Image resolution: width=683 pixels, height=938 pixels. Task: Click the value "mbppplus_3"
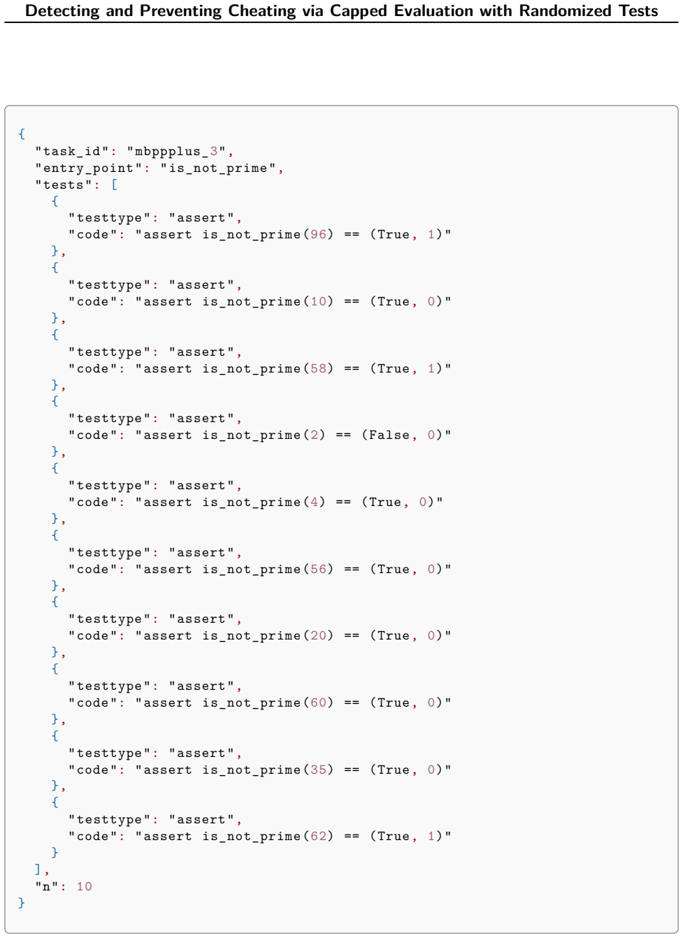tap(177, 151)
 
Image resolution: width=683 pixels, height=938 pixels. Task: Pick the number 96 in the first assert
tap(318, 234)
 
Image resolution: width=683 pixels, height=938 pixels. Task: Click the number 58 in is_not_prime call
tap(318, 368)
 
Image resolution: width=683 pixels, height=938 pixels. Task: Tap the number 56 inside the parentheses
tap(318, 569)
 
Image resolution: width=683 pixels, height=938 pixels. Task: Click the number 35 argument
tap(318, 770)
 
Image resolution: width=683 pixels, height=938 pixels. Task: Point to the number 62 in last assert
tap(318, 836)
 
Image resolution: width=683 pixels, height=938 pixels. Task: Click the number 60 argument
tap(318, 702)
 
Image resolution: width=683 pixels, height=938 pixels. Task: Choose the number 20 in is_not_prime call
tap(318, 635)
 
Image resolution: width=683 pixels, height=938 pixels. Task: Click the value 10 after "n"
tap(84, 886)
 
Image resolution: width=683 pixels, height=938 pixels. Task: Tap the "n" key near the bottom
tap(47, 886)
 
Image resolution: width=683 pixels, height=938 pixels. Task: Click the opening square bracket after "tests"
tap(115, 185)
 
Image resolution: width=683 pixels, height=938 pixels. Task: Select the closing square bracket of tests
tap(38, 870)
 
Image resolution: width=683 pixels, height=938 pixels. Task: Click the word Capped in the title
tap(359, 11)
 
